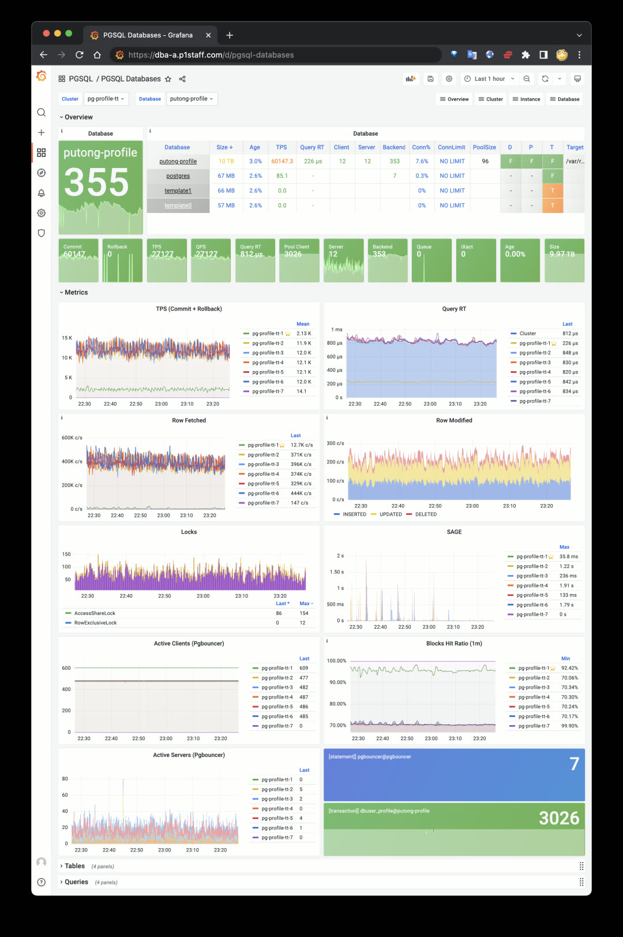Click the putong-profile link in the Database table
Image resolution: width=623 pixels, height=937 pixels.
coord(178,162)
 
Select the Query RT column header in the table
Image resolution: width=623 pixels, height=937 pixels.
coord(311,147)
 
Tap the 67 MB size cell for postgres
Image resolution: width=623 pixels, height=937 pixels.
coord(226,176)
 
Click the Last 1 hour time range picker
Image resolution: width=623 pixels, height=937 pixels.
coord(490,79)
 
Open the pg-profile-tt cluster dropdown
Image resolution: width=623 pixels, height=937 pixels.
coord(106,99)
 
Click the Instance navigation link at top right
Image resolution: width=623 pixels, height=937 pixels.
coord(526,99)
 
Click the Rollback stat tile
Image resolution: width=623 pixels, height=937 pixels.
coord(122,260)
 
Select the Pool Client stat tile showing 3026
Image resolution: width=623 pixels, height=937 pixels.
coord(299,260)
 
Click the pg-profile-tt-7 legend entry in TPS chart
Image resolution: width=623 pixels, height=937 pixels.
coord(268,391)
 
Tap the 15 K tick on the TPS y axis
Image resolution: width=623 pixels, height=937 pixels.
coord(67,338)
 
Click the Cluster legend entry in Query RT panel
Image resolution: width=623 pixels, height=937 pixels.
coord(527,334)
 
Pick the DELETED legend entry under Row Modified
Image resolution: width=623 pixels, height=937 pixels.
coord(426,514)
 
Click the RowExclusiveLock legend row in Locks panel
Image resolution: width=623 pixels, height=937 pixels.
coord(95,623)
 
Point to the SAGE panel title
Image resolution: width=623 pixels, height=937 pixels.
coord(454,532)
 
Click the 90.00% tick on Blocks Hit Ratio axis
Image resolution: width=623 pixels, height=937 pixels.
coord(337,682)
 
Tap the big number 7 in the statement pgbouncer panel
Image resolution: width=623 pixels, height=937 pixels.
coord(574,764)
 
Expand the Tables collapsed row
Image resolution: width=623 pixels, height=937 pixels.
coord(74,866)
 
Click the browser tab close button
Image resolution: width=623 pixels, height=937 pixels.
coord(208,35)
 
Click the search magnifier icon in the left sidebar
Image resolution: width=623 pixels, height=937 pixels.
coord(42,113)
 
